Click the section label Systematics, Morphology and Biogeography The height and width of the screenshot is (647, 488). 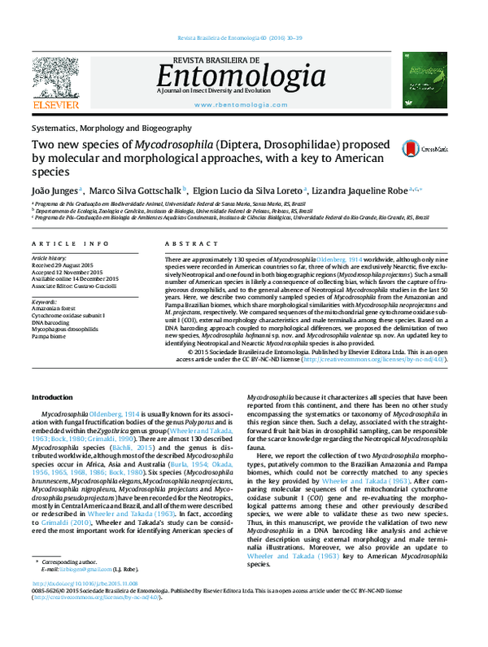coord(111,128)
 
